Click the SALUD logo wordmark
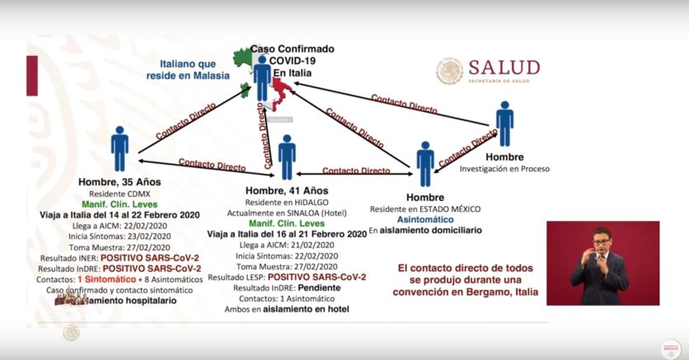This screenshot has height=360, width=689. click(x=504, y=68)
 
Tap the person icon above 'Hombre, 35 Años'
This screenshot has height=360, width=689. click(x=120, y=148)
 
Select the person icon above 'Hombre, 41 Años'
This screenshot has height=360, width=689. click(x=287, y=157)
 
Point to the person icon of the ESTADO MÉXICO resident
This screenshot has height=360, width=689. click(x=425, y=162)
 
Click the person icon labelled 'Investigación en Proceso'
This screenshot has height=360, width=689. click(x=504, y=123)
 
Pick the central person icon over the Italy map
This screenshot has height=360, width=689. click(x=262, y=77)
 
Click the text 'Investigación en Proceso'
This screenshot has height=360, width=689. click(x=504, y=168)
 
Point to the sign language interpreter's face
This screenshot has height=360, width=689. click(x=602, y=241)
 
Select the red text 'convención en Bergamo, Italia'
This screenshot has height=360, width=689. click(x=467, y=292)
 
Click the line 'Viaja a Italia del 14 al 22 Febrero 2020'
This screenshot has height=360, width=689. click(x=120, y=214)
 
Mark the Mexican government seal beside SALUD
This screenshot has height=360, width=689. click(x=449, y=71)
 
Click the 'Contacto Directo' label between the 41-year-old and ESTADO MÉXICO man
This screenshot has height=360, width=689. click(x=356, y=171)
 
